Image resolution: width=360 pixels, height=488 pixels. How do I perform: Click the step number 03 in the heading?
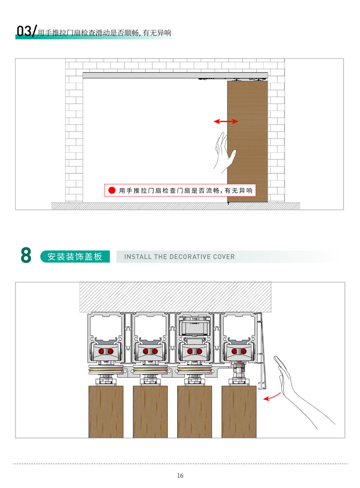click(x=24, y=31)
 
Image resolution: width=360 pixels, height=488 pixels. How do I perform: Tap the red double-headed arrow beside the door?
click(x=226, y=122)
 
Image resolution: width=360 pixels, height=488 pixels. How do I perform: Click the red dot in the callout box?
click(x=111, y=191)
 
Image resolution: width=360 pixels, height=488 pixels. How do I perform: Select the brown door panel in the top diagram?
click(x=247, y=141)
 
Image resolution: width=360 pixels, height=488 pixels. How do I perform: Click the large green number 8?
click(x=26, y=255)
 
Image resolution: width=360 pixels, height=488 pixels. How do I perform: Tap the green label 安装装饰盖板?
click(x=75, y=257)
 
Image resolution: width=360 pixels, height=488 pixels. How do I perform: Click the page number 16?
click(x=180, y=475)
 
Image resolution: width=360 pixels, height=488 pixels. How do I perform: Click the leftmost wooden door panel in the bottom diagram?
click(x=106, y=412)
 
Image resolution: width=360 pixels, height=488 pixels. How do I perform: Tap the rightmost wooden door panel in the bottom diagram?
click(x=239, y=412)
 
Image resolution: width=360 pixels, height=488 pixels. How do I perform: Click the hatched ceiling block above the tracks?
click(x=175, y=297)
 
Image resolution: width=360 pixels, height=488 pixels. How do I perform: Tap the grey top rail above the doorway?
click(x=175, y=75)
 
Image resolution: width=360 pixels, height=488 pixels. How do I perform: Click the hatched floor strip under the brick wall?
click(x=176, y=206)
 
